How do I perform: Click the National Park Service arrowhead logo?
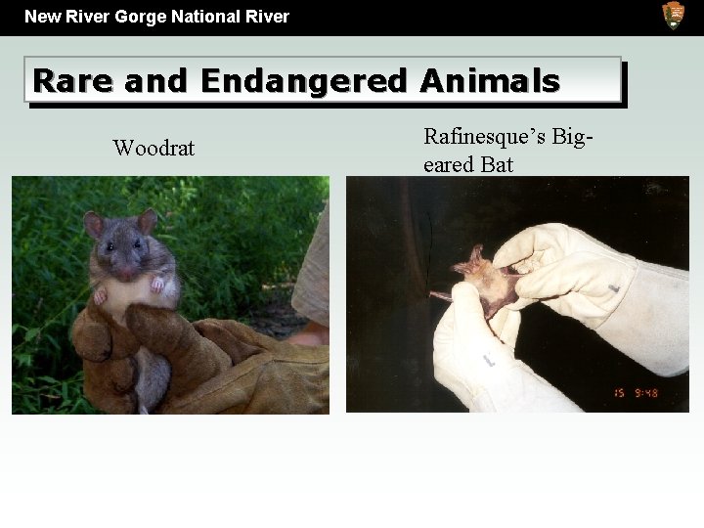tap(674, 16)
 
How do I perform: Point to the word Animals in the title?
tap(489, 80)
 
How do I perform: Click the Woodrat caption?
tap(154, 149)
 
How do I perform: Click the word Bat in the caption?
tap(497, 164)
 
